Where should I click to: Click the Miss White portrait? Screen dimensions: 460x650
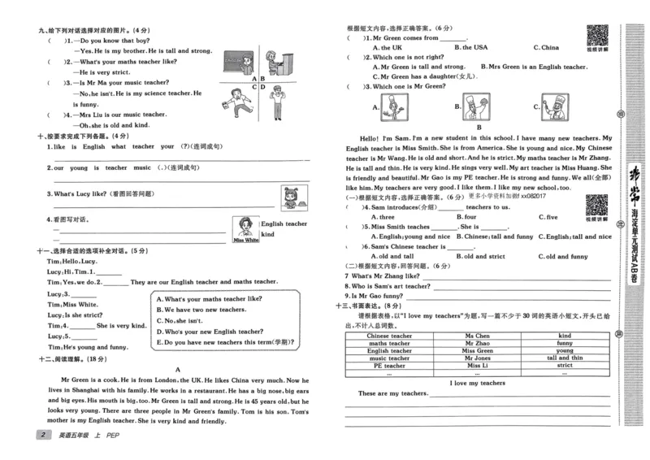245,228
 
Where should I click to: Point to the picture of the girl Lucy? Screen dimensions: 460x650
288,197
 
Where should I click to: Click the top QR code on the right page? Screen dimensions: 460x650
597,37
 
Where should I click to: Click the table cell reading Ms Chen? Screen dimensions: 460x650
477,336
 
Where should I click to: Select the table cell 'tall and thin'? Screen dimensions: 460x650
565,358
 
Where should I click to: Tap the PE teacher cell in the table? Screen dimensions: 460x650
389,366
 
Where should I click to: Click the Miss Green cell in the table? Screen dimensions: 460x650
477,350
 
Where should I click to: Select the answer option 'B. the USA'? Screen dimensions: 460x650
471,47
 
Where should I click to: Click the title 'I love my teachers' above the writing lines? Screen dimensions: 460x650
477,383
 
